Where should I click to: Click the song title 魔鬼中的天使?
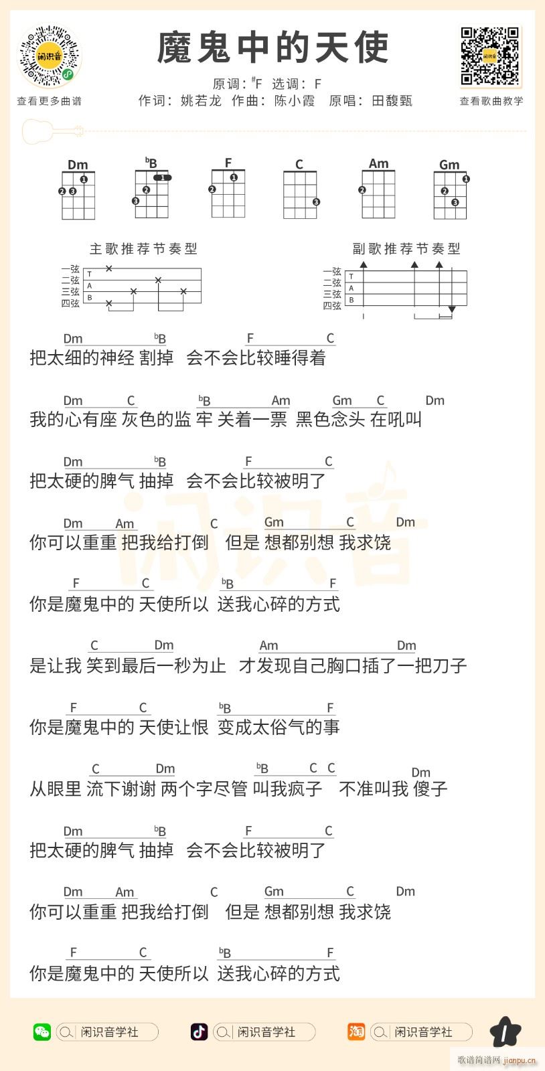coord(272,48)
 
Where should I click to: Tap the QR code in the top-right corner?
coord(491,57)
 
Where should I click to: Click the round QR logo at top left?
coord(50,57)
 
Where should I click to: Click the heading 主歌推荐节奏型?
coord(143,248)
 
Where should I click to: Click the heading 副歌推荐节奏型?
coord(406,248)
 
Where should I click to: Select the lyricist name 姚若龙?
coord(201,101)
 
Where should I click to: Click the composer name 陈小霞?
coord(295,101)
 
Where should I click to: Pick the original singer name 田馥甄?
coord(392,101)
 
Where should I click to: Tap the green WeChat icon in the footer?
coord(42,1032)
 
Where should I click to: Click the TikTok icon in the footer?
coord(199,1032)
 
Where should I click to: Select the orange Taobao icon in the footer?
coord(356,1032)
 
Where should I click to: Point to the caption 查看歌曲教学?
coord(491,101)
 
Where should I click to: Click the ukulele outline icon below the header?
coord(52,131)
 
